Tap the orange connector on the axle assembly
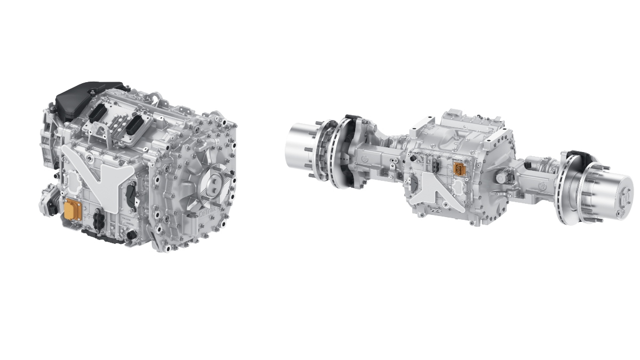[458, 169]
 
